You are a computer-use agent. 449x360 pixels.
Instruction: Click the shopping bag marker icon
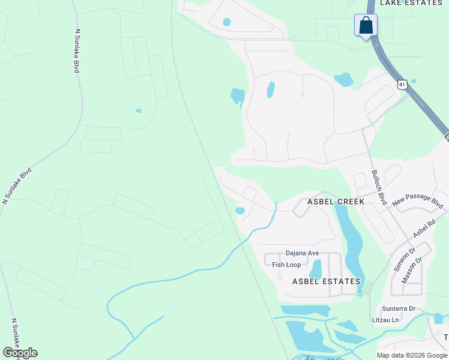tap(366, 26)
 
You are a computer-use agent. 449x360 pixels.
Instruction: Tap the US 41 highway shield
tap(402, 85)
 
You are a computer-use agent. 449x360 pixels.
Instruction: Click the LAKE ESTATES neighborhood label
tap(411, 3)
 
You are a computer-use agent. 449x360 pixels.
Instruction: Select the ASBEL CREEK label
tap(336, 202)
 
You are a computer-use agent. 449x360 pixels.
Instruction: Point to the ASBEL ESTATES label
tap(326, 281)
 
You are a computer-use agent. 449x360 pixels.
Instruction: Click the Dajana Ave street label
tap(302, 253)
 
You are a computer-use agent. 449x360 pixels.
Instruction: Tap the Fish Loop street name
tap(286, 265)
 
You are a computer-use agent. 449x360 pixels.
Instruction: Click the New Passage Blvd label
tap(418, 201)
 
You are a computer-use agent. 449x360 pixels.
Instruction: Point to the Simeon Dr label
tap(404, 259)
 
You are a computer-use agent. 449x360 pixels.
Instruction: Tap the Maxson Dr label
tap(412, 270)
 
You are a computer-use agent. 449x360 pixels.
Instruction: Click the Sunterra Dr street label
tap(399, 309)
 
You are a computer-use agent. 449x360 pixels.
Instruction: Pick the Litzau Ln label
tap(386, 320)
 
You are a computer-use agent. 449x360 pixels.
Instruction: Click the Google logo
tap(20, 353)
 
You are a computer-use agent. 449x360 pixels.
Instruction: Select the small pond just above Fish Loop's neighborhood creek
tap(240, 211)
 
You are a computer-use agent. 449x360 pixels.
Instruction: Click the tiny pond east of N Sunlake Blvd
tap(139, 110)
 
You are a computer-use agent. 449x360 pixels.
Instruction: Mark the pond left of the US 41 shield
tap(344, 79)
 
